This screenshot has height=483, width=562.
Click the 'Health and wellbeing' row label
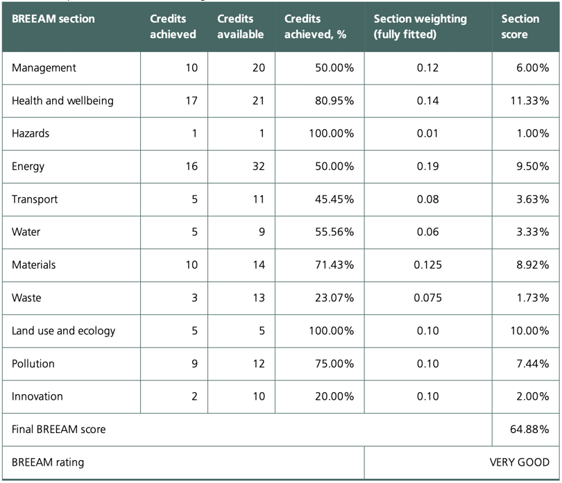click(62, 101)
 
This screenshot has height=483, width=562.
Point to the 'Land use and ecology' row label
click(63, 331)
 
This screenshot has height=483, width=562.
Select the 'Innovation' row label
click(37, 396)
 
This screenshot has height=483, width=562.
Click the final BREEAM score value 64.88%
click(529, 430)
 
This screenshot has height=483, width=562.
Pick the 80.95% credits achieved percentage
click(332, 101)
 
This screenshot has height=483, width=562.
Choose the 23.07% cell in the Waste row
click(332, 298)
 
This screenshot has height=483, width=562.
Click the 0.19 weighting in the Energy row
click(427, 167)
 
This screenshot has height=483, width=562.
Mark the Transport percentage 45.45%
click(332, 199)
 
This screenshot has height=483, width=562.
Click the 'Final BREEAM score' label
click(59, 430)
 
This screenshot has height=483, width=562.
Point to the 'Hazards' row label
click(31, 134)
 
